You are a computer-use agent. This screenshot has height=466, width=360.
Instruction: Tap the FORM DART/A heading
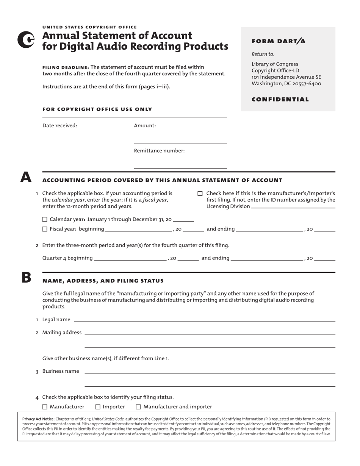[278, 41]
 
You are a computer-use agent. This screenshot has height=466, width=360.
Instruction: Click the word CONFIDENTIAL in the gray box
[280, 99]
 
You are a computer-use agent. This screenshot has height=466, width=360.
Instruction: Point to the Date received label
[59, 126]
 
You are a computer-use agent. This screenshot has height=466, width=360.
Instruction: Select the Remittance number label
[159, 151]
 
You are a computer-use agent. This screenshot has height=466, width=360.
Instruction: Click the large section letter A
[26, 177]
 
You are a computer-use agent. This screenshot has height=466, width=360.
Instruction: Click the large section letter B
[26, 278]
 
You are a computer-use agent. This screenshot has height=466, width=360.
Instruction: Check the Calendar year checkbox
[45, 219]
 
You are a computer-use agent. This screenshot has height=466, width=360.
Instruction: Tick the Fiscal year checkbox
[45, 229]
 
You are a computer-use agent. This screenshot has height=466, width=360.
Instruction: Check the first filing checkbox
[200, 194]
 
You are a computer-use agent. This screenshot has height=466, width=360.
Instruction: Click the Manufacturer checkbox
[45, 407]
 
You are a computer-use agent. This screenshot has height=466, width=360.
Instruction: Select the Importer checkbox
[98, 407]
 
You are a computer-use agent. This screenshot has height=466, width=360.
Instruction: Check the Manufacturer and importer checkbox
[138, 407]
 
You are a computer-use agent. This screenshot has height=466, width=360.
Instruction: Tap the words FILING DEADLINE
[66, 67]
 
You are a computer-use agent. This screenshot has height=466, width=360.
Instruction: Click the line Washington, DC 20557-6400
[286, 84]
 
